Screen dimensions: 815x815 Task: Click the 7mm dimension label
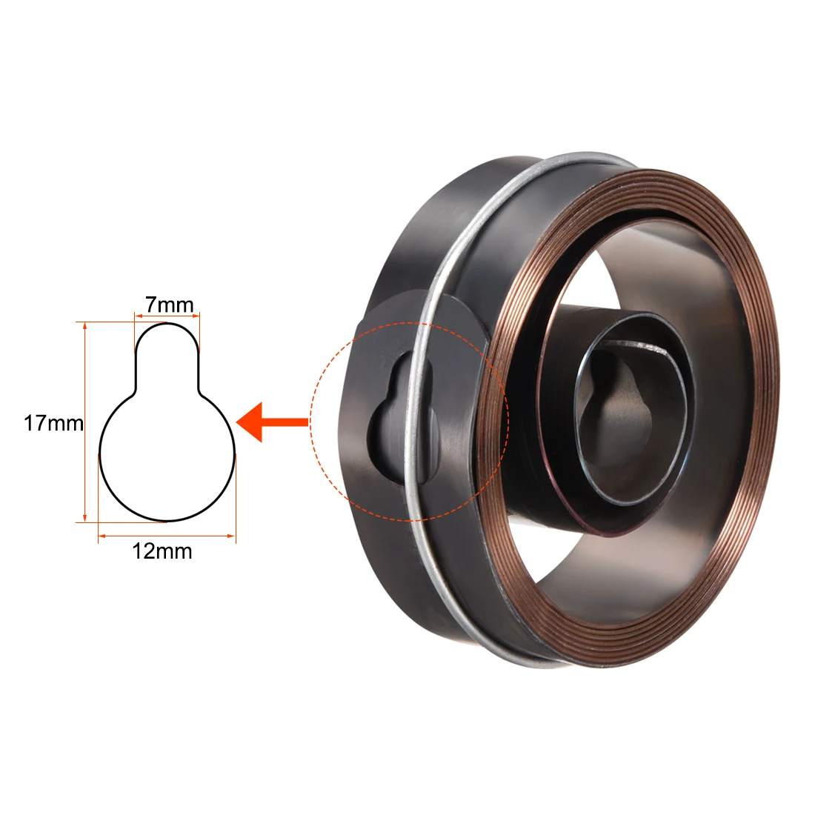[x=170, y=305]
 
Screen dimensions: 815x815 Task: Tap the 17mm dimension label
[x=53, y=423]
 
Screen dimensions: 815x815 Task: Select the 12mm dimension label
[x=162, y=551]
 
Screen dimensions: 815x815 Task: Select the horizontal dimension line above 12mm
[x=167, y=536]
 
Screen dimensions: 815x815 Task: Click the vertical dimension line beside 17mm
[x=84, y=422]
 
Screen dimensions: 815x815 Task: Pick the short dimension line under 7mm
[x=167, y=315]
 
